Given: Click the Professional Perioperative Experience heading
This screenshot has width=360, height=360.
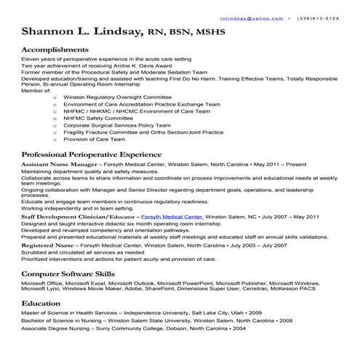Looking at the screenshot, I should pos(92,155).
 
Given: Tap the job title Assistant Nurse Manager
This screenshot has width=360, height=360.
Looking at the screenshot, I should pos(58,165).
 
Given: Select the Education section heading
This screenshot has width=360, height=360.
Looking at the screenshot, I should pos(41,302).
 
